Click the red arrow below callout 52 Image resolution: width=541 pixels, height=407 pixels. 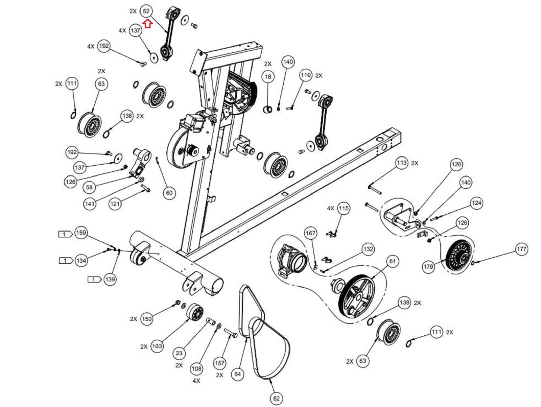point(147,24)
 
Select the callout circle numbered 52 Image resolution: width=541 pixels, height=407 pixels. point(146,11)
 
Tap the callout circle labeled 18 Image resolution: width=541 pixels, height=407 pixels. point(268,77)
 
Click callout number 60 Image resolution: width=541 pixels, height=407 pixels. point(169,193)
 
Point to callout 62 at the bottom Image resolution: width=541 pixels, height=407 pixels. point(276,398)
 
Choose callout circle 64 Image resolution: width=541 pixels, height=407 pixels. point(238,374)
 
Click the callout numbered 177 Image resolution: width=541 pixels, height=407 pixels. point(521,249)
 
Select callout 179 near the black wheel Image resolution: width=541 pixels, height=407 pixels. point(428,267)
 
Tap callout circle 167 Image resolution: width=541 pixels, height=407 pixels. point(310,233)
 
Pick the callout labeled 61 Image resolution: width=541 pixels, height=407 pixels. point(392,261)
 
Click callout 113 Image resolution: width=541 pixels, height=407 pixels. point(401,163)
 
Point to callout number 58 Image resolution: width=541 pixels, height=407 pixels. point(89,187)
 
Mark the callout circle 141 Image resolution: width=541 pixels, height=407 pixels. point(90,204)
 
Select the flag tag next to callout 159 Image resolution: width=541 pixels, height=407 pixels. point(65,234)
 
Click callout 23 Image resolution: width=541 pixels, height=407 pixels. point(179,354)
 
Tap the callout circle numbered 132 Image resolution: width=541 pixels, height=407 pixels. point(368,249)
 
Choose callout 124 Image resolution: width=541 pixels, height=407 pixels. point(476,203)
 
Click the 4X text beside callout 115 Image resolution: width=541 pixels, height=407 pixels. point(331,208)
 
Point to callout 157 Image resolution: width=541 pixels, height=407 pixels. point(219,363)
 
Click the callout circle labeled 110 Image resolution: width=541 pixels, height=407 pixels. point(306,75)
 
